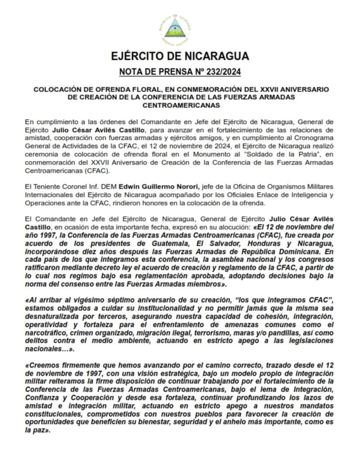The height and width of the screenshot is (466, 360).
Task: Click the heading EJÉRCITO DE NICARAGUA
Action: [180, 56]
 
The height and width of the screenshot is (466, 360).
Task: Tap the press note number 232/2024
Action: [218, 72]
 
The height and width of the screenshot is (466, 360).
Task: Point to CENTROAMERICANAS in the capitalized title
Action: [180, 105]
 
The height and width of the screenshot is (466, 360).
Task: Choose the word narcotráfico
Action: [44, 333]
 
